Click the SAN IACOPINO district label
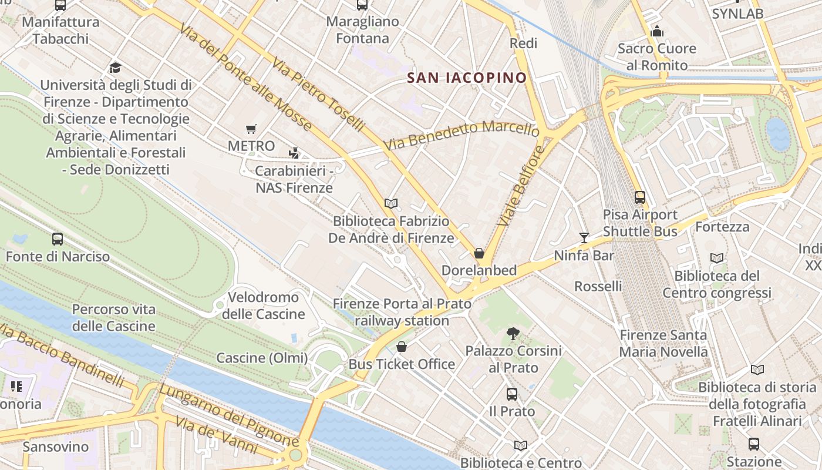point(467,78)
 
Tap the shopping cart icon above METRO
point(251,129)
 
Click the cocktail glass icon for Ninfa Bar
point(584,238)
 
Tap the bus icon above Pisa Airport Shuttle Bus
point(640,197)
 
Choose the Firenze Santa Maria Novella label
point(663,344)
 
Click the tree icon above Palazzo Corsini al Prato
point(513,334)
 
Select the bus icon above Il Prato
point(512,394)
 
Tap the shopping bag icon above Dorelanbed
point(479,253)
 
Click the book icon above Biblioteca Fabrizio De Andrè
point(391,204)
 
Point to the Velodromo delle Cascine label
point(264,305)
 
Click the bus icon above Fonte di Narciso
point(58,239)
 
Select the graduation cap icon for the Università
point(115,68)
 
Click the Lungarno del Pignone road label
point(229,415)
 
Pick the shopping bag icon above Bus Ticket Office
point(402,347)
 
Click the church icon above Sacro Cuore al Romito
point(656,31)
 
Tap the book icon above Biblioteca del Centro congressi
point(716,258)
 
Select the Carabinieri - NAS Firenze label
point(294,179)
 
